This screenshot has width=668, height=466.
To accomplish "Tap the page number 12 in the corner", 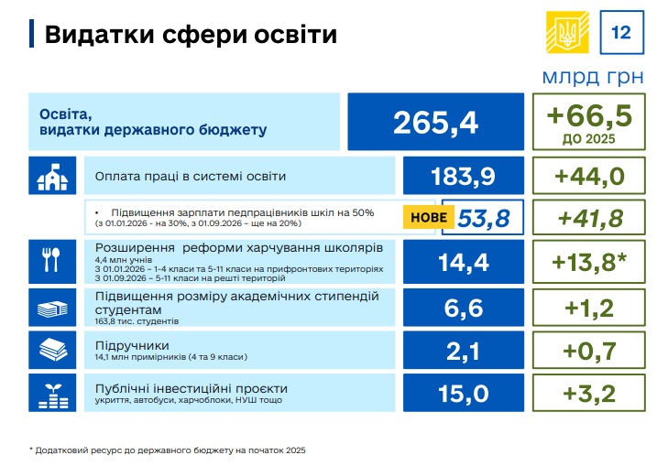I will pos(620,34).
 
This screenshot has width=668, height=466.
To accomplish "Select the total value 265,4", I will pos(435,122).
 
